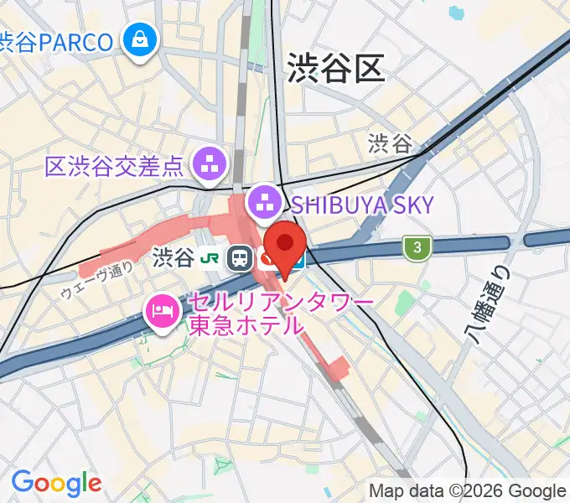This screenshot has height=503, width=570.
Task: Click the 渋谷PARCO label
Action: [55, 41]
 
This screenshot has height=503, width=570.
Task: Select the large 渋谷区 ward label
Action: [335, 66]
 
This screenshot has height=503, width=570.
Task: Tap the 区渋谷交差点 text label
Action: [114, 165]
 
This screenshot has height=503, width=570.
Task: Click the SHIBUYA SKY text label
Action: [363, 204]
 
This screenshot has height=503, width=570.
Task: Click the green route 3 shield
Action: [415, 246]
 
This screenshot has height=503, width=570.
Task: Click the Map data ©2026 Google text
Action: [468, 491]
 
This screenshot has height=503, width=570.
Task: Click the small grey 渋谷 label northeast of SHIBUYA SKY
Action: [391, 144]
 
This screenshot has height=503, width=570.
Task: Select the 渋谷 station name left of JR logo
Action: [174, 258]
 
